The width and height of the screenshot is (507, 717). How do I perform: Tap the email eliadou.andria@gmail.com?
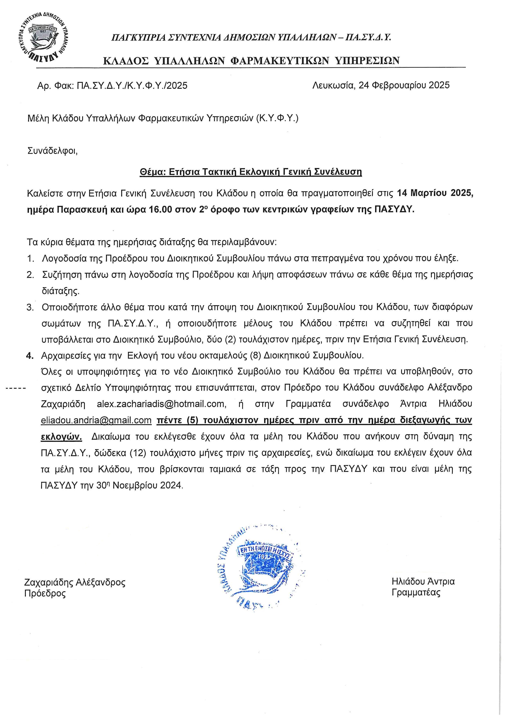pos(96,420)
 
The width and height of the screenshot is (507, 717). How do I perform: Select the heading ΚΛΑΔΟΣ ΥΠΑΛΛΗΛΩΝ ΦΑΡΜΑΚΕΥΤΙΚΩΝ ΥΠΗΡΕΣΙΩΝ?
pos(251,61)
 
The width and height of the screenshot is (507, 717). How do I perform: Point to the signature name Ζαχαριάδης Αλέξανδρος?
pos(75,582)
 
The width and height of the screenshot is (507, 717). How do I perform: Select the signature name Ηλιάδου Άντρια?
pos(423,581)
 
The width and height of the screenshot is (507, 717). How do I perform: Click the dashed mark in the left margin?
pos(16,388)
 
